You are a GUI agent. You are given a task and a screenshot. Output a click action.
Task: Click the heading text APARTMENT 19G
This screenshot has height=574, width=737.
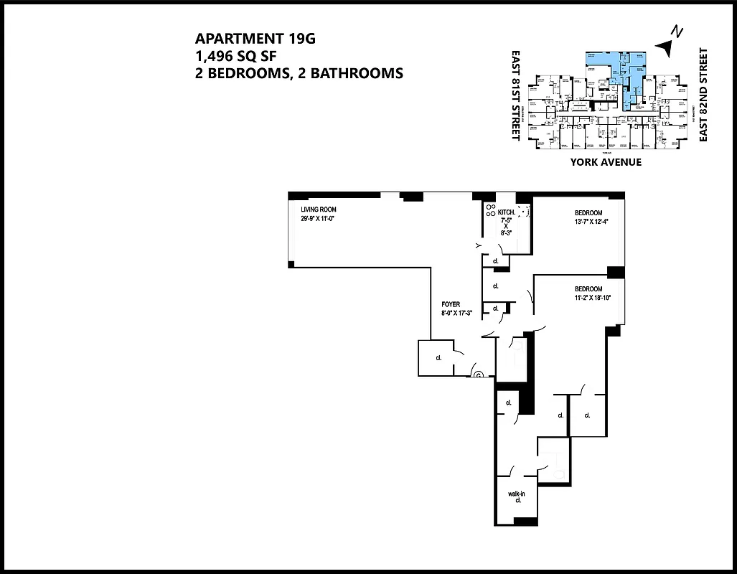(255, 39)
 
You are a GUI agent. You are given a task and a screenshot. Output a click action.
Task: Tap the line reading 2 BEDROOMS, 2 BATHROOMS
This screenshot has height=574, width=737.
(299, 72)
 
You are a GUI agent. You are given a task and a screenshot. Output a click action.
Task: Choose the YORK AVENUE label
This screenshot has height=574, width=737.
(606, 162)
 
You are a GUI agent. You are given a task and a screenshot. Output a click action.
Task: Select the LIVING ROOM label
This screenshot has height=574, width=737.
(319, 209)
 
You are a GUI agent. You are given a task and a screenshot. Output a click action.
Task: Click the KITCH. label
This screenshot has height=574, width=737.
(507, 212)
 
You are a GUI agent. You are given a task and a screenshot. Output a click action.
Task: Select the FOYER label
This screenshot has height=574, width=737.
(451, 304)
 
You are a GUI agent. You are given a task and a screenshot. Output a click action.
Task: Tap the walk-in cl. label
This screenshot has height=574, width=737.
(517, 497)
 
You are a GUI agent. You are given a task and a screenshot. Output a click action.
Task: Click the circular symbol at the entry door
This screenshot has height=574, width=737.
(478, 373)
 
